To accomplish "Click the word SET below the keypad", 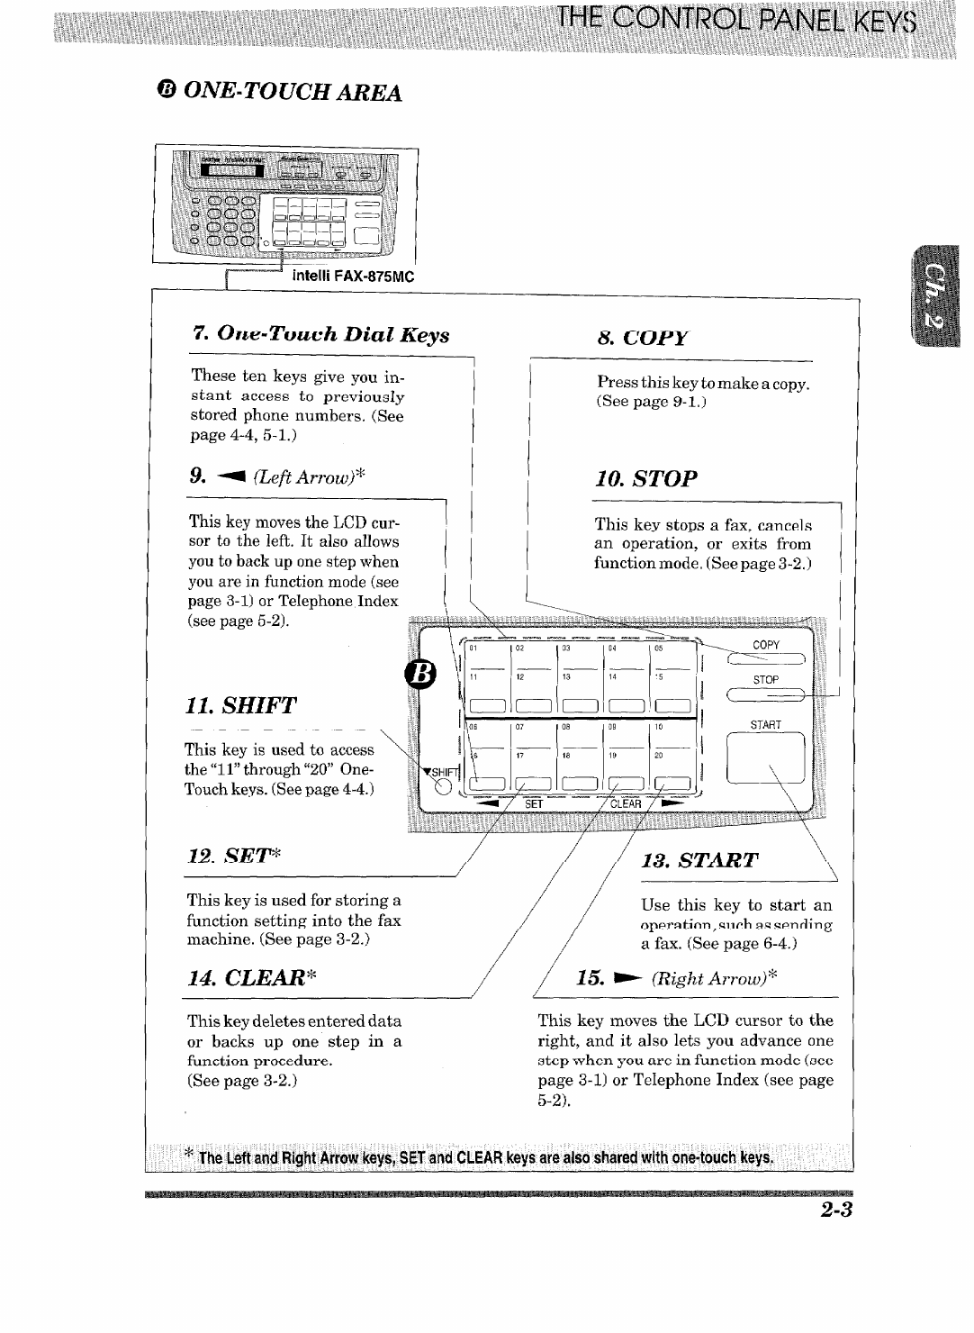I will click(x=534, y=804).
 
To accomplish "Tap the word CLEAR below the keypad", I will click(x=627, y=804).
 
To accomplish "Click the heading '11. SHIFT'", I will click(x=241, y=705).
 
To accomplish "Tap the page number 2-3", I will click(x=834, y=1209).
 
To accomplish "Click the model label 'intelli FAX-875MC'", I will click(x=353, y=277).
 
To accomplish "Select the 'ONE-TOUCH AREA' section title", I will click(x=290, y=92).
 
